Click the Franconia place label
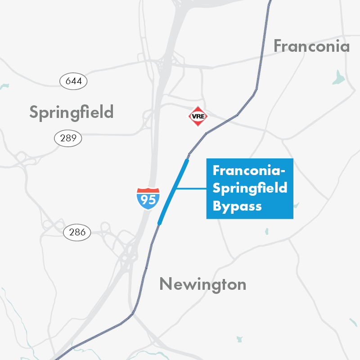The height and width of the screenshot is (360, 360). click(311, 46)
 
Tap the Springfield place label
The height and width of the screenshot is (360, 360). click(71, 112)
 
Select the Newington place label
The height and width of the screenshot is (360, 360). click(202, 284)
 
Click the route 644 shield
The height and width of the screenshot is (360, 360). click(73, 81)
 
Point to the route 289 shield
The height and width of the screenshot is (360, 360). click(68, 138)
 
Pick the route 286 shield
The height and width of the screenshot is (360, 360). click(77, 233)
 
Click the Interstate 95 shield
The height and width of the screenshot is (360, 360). click(148, 198)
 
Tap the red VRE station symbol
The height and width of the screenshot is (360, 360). click(198, 116)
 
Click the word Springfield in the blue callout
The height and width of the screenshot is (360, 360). click(250, 189)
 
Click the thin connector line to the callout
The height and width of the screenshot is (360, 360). click(191, 189)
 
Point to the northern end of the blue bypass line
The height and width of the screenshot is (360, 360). click(187, 160)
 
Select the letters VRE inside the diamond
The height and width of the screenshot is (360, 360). click(198, 116)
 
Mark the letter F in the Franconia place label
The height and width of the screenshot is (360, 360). click(279, 46)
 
